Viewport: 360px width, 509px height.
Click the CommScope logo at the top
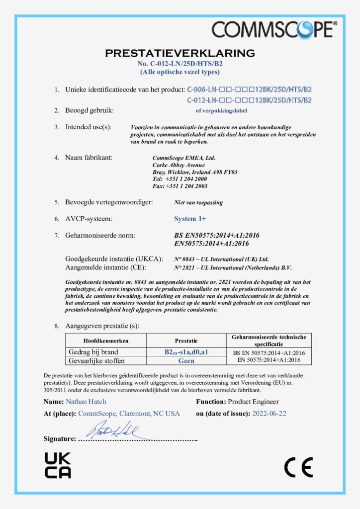point(274,29)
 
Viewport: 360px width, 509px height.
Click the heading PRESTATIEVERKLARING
point(180,53)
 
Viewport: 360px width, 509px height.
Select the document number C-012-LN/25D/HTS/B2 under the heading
point(180,64)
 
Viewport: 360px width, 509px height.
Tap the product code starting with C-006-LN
point(250,90)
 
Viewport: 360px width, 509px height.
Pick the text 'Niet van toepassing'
point(198,202)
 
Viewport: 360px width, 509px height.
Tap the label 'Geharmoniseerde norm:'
point(100,235)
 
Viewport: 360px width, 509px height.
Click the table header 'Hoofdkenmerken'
point(106,341)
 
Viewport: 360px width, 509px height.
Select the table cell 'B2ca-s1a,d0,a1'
point(186,352)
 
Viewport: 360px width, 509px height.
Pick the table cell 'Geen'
point(186,361)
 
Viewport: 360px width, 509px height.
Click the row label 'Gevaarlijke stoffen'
point(96,361)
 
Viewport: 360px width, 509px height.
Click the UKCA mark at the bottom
point(58,465)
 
